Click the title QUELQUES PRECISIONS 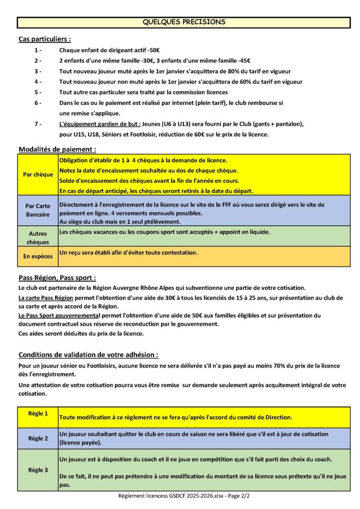183,22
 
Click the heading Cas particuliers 44,39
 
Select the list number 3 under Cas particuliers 38,71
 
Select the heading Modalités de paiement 57,149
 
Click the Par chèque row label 38,175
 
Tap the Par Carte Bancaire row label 38,210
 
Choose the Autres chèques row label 38,237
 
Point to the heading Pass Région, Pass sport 57,277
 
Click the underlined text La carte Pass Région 46,298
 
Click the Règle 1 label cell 38,414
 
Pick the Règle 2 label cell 38,438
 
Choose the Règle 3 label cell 38,470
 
